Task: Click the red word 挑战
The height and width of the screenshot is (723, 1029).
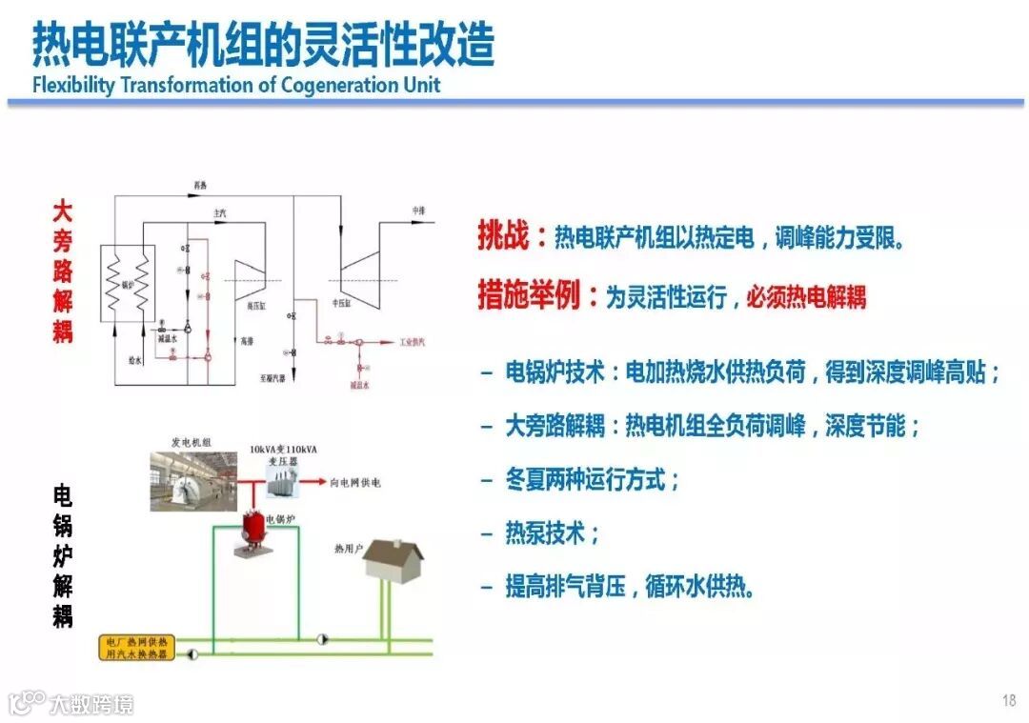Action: click(502, 237)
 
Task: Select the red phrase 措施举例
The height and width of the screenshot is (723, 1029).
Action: click(528, 296)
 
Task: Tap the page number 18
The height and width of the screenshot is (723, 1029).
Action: click(1009, 701)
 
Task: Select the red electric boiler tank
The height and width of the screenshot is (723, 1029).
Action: click(252, 527)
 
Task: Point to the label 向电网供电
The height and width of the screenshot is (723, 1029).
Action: click(355, 483)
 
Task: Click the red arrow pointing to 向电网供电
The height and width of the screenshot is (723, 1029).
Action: click(314, 483)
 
